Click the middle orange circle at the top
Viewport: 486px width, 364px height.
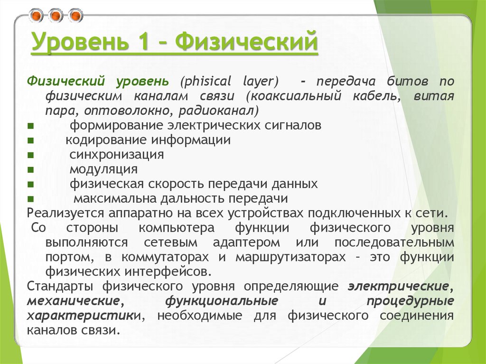pyautogui.click(x=56, y=16)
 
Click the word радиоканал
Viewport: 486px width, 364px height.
pyautogui.click(x=219, y=111)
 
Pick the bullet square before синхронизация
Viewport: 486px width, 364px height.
pyautogui.click(x=30, y=155)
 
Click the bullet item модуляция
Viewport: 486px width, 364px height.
pyautogui.click(x=103, y=169)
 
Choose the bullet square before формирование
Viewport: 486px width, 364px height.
pyautogui.click(x=30, y=126)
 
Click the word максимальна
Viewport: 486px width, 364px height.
pyautogui.click(x=111, y=198)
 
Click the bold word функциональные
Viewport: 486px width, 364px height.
pyautogui.click(x=222, y=301)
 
